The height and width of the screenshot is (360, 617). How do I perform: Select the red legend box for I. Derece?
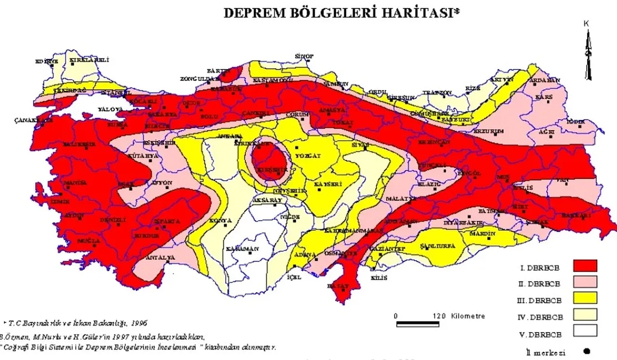click(x=585, y=266)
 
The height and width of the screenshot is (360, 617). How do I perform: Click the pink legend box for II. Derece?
click(x=585, y=281)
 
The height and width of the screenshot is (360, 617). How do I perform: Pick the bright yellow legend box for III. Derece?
click(x=585, y=298)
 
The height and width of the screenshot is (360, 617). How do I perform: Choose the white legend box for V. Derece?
click(x=585, y=331)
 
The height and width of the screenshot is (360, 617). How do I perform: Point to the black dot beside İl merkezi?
click(x=586, y=351)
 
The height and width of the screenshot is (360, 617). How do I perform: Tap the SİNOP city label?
click(x=304, y=56)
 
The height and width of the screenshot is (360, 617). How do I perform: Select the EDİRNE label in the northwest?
click(x=47, y=61)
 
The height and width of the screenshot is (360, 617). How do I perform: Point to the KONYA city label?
click(x=221, y=220)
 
